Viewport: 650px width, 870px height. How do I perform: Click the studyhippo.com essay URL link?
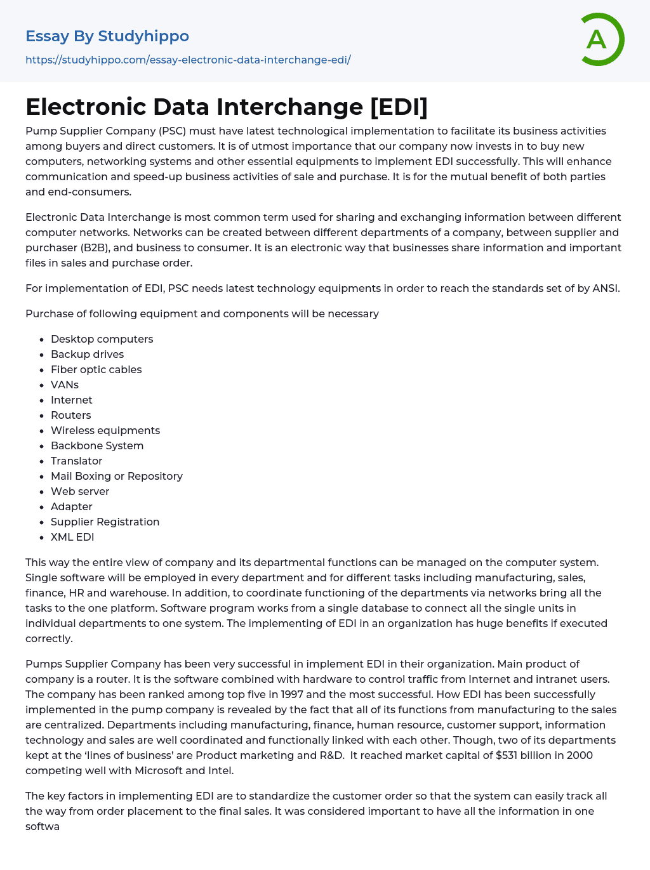coord(188,60)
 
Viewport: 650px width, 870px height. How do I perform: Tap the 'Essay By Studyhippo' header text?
coord(107,36)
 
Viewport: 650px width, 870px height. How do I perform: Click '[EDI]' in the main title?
coord(399,107)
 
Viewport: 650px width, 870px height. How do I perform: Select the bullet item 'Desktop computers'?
coord(102,339)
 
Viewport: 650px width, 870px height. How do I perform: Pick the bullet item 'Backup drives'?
coord(87,354)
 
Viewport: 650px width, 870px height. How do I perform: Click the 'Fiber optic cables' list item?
coord(96,369)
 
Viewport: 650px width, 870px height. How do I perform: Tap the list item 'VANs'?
coord(65,385)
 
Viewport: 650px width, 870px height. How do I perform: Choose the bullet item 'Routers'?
coord(70,415)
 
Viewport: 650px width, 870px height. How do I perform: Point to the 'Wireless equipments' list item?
coord(105,430)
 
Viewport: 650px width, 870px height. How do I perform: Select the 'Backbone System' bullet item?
coord(97,445)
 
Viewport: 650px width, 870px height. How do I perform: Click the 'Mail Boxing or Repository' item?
coord(117,476)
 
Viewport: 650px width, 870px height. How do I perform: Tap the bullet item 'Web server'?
coord(80,491)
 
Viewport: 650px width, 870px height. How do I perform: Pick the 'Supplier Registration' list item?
coord(105,522)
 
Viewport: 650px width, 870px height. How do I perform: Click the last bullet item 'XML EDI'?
coord(72,537)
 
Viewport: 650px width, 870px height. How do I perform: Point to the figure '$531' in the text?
coord(507,755)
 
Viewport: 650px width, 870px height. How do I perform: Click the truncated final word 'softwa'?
coord(43,826)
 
